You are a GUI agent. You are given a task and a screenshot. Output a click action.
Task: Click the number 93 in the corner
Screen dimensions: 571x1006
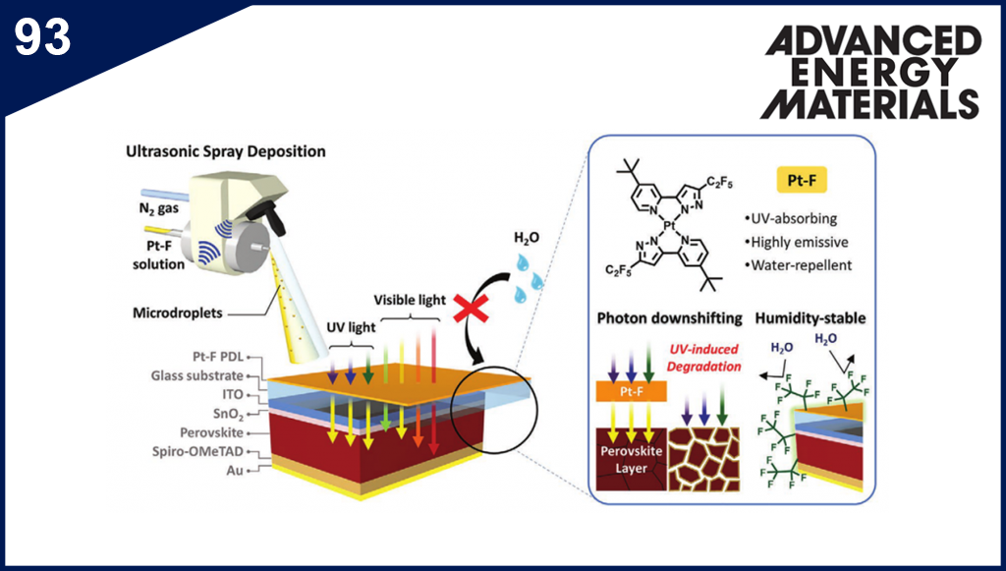42,36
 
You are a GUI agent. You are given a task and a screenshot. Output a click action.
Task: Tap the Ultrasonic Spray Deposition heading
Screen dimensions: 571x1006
225,152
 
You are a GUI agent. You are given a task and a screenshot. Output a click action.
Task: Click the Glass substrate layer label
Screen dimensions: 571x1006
203,374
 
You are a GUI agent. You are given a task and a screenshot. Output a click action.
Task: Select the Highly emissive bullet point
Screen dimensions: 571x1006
798,242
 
